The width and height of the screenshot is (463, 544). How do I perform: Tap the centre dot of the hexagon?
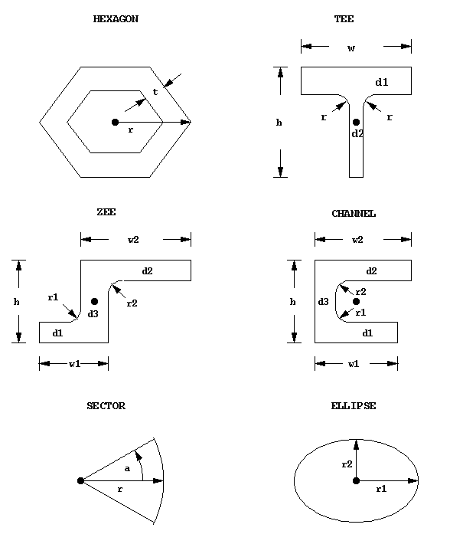click(x=115, y=122)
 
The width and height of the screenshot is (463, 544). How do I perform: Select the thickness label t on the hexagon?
click(x=155, y=92)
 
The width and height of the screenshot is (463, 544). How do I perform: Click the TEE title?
click(x=344, y=19)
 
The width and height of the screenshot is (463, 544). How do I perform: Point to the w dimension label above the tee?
click(x=351, y=48)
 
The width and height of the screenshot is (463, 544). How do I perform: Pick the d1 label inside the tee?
click(x=382, y=81)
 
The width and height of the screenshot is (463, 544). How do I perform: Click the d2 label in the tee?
click(x=357, y=134)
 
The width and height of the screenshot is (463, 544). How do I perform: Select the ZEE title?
click(x=106, y=212)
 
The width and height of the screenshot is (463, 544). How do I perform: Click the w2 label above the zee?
click(x=133, y=240)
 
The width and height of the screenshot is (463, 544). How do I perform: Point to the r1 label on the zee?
click(x=53, y=297)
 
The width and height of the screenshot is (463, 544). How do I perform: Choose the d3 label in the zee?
click(x=93, y=313)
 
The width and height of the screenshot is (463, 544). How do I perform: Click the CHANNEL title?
click(x=354, y=214)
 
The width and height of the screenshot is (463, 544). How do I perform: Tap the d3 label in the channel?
click(x=323, y=303)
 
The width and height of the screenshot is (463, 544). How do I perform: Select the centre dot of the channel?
click(x=356, y=301)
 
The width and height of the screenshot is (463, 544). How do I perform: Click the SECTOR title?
click(x=106, y=406)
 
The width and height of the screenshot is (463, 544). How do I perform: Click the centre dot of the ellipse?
click(x=356, y=480)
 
